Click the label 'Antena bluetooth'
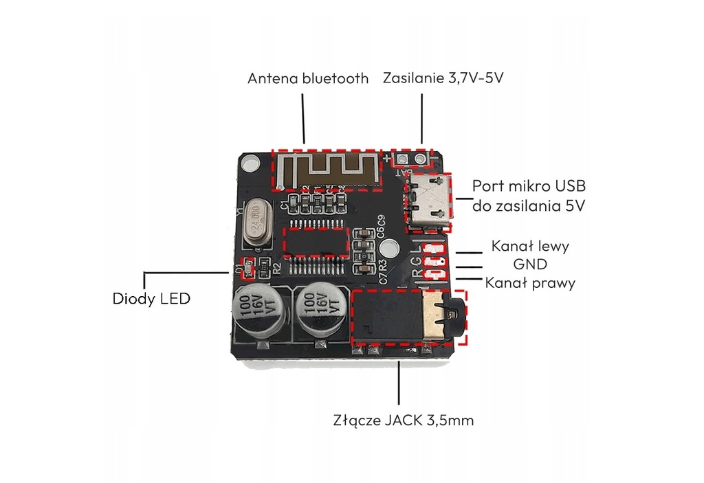[308, 78]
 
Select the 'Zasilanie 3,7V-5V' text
[443, 78]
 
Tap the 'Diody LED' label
[151, 299]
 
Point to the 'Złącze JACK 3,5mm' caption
[404, 419]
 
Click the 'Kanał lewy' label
[530, 245]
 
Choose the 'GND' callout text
[531, 264]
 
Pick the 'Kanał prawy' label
[530, 282]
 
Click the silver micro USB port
[430, 200]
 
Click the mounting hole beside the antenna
[252, 164]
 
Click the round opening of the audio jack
[451, 315]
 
